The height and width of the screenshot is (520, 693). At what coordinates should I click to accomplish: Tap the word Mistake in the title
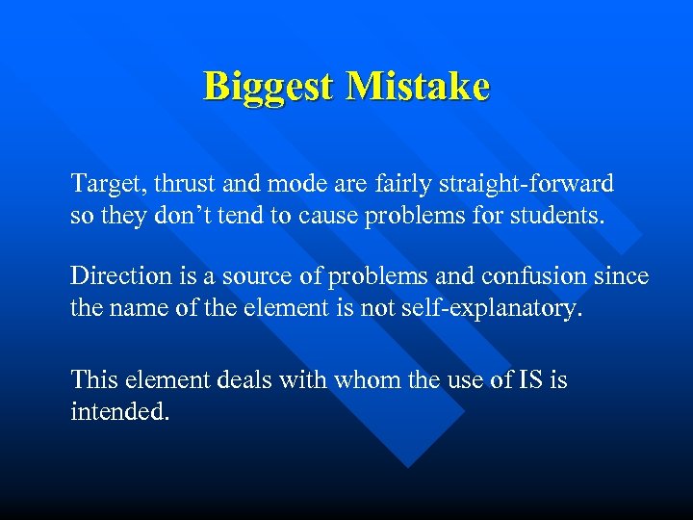pyautogui.click(x=418, y=87)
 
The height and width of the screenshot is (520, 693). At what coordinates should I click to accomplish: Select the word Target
pyautogui.click(x=103, y=183)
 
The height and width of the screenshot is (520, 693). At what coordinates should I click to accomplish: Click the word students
pyautogui.click(x=559, y=216)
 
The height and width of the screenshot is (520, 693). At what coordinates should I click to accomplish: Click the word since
pyautogui.click(x=624, y=277)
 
